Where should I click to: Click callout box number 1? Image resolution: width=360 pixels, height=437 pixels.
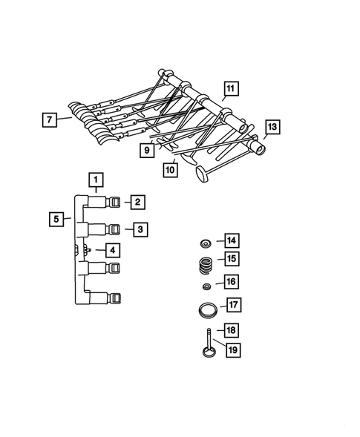pos(95,179)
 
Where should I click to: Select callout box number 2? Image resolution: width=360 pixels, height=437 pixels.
pos(137,200)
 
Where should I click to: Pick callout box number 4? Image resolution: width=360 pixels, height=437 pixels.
pos(111,250)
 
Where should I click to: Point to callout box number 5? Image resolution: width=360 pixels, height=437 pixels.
pos(56,219)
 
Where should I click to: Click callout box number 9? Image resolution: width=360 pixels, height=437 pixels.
pos(148,149)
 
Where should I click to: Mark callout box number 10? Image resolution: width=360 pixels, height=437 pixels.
pos(171,169)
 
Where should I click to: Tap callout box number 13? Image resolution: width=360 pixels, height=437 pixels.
pos(272,128)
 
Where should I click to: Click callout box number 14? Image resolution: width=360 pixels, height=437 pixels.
pos(232,240)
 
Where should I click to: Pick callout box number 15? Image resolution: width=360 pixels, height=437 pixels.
pos(232,259)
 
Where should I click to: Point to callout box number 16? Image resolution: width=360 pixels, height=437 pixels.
pos(232,282)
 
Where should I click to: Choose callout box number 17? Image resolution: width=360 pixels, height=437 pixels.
pos(233,304)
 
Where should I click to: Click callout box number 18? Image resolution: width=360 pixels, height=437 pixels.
pos(232,329)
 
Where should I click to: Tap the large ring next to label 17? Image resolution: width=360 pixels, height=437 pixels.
pos(208,309)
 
